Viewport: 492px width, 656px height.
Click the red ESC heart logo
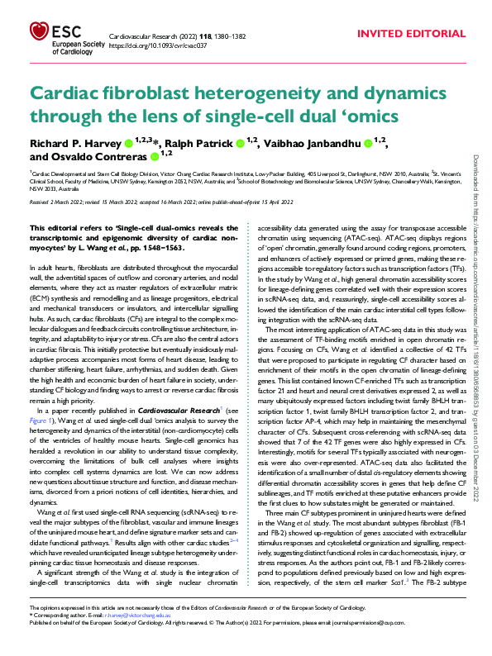click(38, 34)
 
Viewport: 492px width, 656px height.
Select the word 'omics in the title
click(389, 116)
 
